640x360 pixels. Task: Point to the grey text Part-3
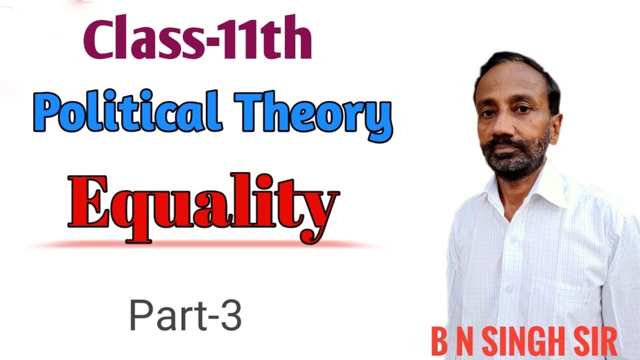click(x=185, y=315)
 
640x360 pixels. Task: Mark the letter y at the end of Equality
click(x=320, y=212)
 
